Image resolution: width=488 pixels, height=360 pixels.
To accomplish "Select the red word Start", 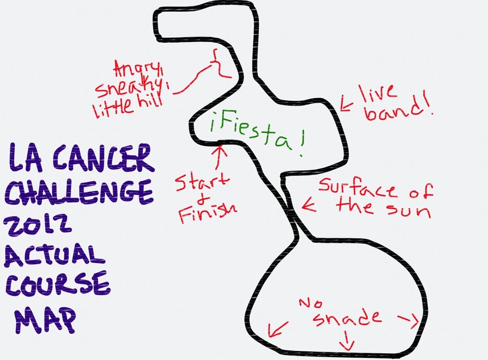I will [202, 182].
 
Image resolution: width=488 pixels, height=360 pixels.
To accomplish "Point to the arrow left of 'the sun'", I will [308, 206].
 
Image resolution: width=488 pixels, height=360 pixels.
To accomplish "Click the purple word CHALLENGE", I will [79, 192].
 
